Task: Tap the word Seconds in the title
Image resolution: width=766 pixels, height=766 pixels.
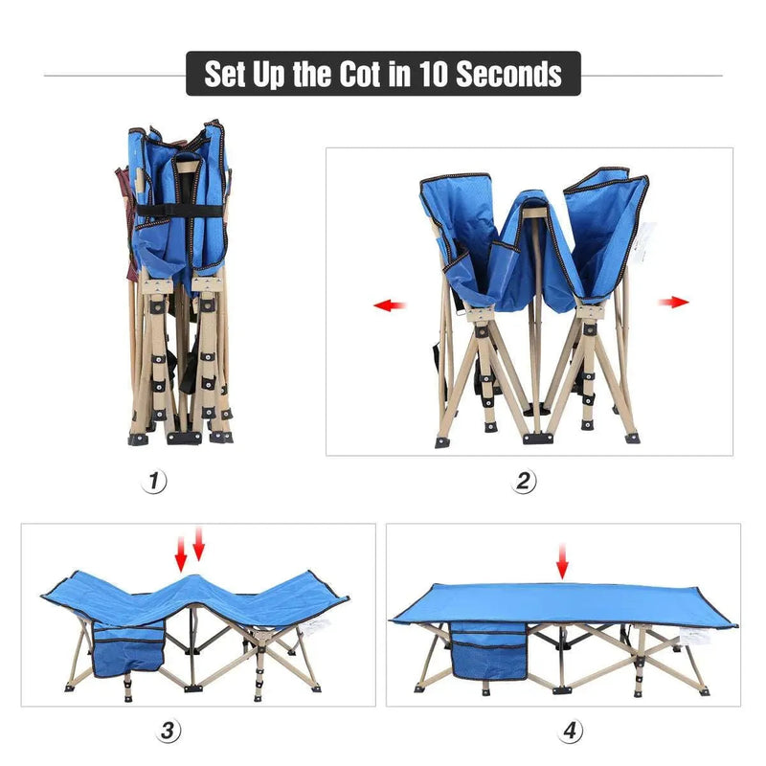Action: pyautogui.click(x=508, y=74)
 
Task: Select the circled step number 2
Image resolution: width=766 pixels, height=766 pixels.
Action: pyautogui.click(x=526, y=482)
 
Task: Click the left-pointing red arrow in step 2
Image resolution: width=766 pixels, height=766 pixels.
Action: pyautogui.click(x=390, y=305)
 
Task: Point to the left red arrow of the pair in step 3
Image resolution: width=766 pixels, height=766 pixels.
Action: pyautogui.click(x=181, y=551)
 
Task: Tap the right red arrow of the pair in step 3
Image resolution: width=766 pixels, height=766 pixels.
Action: pyautogui.click(x=199, y=546)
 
